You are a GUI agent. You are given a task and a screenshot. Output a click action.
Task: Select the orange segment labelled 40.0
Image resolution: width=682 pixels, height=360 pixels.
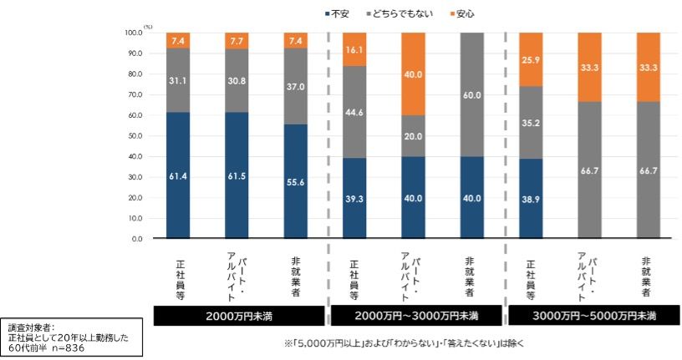point(413,74)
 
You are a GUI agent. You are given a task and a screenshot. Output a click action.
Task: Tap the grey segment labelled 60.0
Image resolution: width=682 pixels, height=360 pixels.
point(472,94)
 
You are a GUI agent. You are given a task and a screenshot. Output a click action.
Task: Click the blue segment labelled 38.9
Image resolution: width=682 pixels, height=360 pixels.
point(531,198)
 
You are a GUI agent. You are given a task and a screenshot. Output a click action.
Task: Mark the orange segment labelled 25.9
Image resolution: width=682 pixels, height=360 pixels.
point(531,59)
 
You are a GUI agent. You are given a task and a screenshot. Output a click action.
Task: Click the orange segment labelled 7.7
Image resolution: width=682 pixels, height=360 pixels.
point(237,40)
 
